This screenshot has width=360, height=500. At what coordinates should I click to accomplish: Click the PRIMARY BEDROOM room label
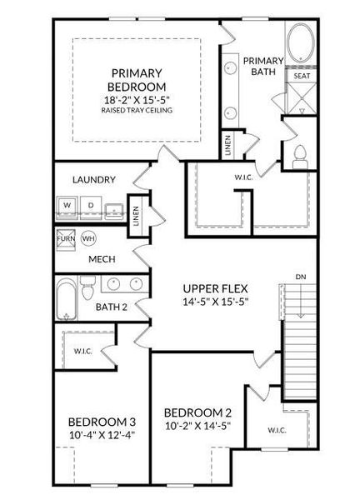click(x=137, y=79)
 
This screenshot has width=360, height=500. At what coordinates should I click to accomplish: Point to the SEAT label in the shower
click(x=301, y=76)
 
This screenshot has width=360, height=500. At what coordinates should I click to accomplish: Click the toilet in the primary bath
click(x=300, y=154)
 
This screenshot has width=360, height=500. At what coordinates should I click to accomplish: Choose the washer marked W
click(x=67, y=204)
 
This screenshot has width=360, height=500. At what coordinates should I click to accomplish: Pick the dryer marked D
click(x=90, y=204)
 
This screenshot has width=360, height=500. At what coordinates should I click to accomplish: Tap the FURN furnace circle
click(x=67, y=238)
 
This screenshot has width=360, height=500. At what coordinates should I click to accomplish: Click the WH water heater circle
click(x=88, y=238)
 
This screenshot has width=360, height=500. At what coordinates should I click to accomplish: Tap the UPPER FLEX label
click(x=216, y=287)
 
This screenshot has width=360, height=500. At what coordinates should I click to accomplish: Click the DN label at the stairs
click(x=299, y=276)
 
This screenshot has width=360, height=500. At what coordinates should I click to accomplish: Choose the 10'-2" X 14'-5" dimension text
click(x=197, y=426)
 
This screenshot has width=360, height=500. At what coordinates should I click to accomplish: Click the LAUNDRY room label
click(x=93, y=179)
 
